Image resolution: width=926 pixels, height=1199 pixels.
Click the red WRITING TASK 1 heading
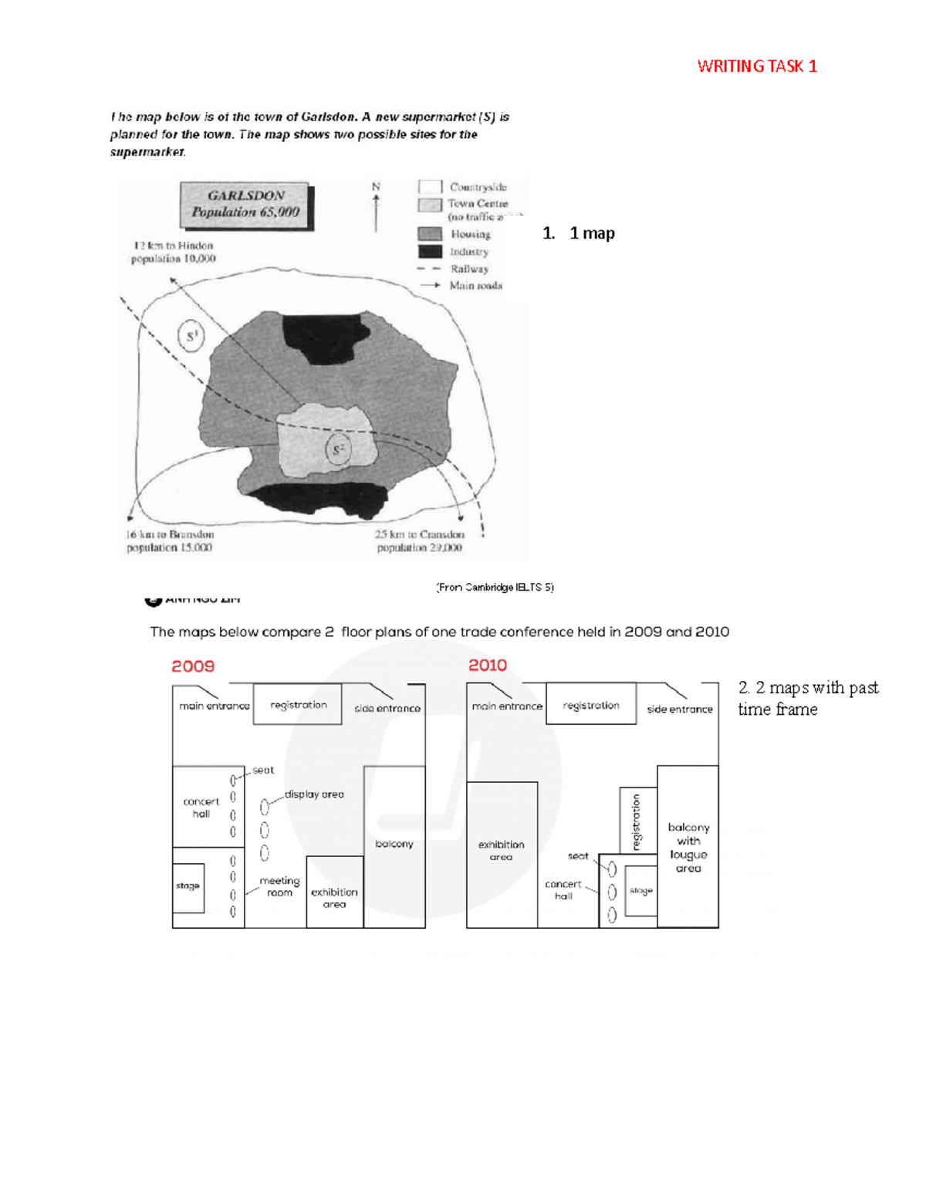756,66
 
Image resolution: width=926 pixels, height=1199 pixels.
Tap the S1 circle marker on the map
191,336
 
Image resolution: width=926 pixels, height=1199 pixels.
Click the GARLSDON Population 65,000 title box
245,205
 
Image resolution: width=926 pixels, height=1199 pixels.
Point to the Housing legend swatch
430,234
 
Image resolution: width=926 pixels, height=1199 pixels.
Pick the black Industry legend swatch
430,252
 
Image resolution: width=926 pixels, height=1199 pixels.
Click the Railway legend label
469,269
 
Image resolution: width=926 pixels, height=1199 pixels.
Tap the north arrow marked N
377,207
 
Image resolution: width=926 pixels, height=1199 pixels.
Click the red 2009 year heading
193,666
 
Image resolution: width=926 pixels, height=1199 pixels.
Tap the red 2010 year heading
488,666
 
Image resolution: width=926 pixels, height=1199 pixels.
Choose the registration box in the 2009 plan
298,704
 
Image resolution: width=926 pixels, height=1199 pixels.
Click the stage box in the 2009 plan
188,886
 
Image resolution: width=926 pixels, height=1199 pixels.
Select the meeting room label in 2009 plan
279,886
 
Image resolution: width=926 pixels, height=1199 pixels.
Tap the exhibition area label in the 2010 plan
501,851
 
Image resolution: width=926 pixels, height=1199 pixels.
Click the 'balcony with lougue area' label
688,848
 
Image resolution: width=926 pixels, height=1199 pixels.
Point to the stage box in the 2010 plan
640,891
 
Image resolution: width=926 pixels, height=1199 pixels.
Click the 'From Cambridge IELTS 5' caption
495,588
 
